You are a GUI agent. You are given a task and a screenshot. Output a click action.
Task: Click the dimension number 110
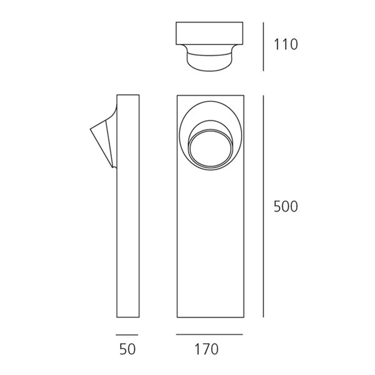click(x=286, y=45)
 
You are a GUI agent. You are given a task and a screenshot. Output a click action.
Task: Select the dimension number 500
click(x=286, y=207)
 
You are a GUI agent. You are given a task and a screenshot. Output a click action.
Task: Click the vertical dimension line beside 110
click(x=263, y=46)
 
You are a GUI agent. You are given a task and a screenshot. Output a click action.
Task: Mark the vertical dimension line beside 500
click(x=263, y=206)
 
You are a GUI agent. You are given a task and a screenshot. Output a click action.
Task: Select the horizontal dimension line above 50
click(x=127, y=334)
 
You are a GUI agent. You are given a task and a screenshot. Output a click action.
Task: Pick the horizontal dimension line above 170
click(x=209, y=334)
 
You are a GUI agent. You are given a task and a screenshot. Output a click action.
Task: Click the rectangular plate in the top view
click(x=209, y=33)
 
